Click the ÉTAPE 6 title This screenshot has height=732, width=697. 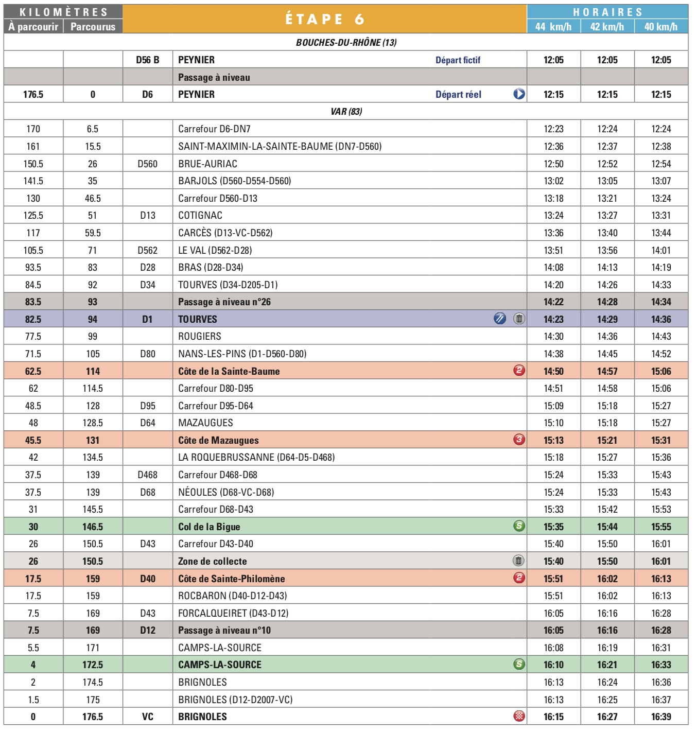[x=324, y=19]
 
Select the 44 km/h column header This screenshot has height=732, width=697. [x=553, y=27]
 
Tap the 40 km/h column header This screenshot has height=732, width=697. [x=661, y=27]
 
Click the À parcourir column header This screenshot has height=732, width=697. [x=33, y=27]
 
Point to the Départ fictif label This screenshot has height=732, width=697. [x=458, y=60]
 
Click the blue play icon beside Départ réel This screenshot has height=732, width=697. [x=519, y=94]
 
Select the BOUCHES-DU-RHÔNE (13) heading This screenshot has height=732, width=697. [x=346, y=43]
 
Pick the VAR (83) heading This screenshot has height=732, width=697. [x=346, y=112]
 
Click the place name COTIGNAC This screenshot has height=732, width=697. [x=200, y=216]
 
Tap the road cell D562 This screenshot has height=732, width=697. [x=147, y=250]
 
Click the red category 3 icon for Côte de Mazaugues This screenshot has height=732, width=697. [x=519, y=440]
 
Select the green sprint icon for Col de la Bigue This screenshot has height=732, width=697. [x=519, y=526]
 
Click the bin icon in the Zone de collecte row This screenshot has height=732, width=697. [x=519, y=561]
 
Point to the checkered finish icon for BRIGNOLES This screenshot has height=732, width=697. [x=519, y=716]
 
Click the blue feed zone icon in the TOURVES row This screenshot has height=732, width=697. [x=500, y=319]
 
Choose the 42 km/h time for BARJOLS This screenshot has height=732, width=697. [x=607, y=181]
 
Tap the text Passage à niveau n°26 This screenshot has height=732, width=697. [x=224, y=302]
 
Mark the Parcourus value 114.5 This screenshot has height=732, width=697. [x=93, y=389]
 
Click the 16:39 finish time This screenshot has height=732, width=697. [x=661, y=717]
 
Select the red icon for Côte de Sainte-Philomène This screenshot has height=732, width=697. [x=519, y=578]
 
